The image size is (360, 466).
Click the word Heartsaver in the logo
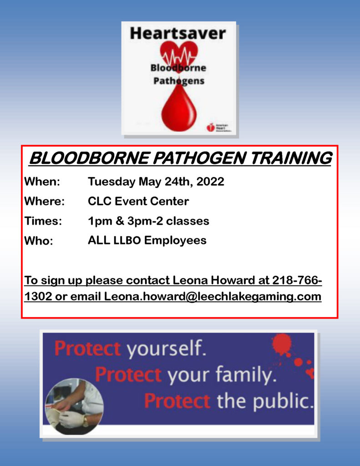[x=177, y=33]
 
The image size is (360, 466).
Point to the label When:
[x=42, y=182]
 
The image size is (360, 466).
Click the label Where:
[x=44, y=201]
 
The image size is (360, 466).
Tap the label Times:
[x=43, y=221]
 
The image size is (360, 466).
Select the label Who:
[x=38, y=241]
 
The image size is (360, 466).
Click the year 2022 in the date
[x=210, y=182]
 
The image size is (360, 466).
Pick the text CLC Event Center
[x=138, y=201]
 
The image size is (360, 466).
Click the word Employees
[x=175, y=240]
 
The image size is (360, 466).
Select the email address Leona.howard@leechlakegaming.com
[x=213, y=297]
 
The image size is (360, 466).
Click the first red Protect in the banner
[x=87, y=349]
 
